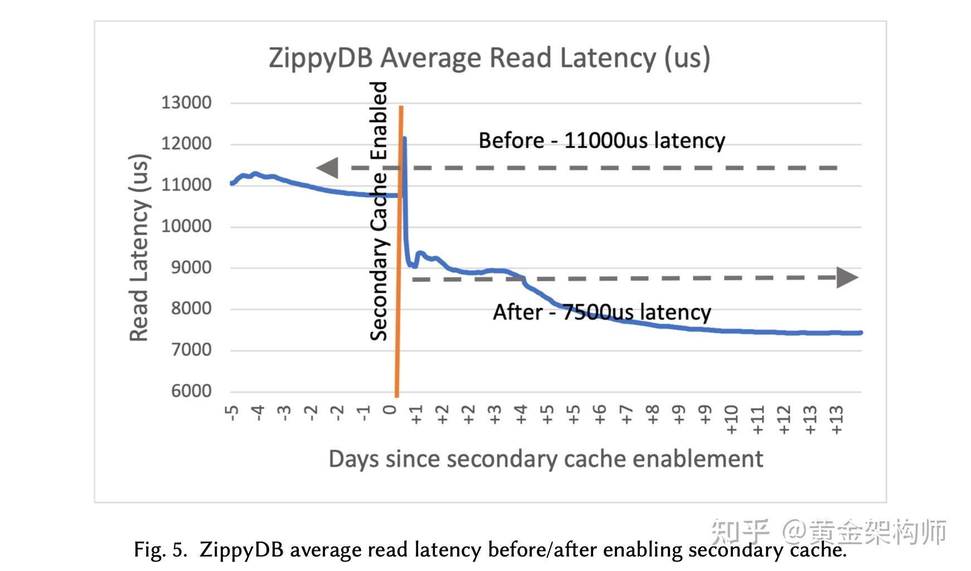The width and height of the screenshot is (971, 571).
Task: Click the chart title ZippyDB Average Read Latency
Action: click(489, 58)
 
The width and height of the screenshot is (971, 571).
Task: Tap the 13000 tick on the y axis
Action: click(186, 103)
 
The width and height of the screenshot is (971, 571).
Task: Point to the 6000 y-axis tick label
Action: click(191, 391)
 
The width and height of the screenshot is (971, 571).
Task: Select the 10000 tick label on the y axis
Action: click(186, 226)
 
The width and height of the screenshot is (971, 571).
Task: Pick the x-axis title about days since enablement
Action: click(545, 459)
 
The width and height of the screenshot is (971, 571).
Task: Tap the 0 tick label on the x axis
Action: click(390, 410)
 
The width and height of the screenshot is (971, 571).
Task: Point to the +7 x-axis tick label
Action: click(626, 415)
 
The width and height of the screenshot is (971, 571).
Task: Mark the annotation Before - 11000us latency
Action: click(601, 141)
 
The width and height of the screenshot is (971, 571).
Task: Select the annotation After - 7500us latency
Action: click(601, 312)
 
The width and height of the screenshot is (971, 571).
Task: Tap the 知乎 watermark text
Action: click(740, 532)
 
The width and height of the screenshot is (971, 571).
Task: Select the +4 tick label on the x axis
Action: click(521, 415)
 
